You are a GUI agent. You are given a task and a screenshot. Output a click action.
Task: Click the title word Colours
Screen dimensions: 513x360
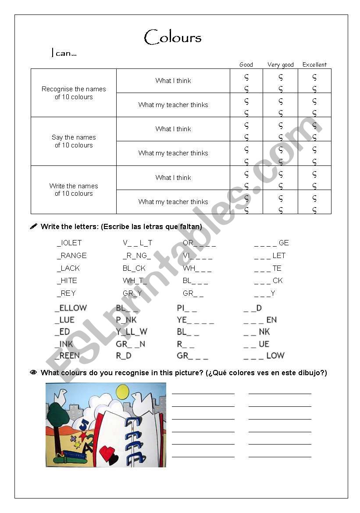pyautogui.click(x=173, y=37)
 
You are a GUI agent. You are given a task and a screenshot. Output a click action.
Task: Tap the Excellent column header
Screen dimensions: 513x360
pyautogui.click(x=314, y=65)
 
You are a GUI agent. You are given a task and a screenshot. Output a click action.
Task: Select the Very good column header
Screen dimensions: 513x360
pyautogui.click(x=281, y=65)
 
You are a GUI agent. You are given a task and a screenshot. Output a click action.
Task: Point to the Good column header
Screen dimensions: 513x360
pyautogui.click(x=246, y=65)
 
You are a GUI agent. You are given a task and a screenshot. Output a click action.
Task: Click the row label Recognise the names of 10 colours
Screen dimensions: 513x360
pyautogui.click(x=74, y=93)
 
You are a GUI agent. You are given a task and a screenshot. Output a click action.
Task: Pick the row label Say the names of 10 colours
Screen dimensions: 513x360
pyautogui.click(x=74, y=141)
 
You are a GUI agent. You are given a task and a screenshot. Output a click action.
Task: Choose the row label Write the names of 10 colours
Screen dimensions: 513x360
pyautogui.click(x=74, y=190)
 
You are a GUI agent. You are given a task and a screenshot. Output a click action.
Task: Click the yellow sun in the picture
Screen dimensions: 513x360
pyautogui.click(x=122, y=391)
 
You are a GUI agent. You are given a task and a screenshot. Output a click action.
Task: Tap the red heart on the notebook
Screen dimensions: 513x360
pyautogui.click(x=107, y=452)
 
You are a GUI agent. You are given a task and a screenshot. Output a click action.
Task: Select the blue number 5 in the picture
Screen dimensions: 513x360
pyautogui.click(x=84, y=423)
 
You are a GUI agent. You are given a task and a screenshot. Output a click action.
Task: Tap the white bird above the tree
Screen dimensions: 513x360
pyautogui.click(x=60, y=395)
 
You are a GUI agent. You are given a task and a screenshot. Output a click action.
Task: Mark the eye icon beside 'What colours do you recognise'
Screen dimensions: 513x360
pyautogui.click(x=33, y=373)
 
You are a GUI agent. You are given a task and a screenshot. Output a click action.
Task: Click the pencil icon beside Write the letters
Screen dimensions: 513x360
pyautogui.click(x=33, y=226)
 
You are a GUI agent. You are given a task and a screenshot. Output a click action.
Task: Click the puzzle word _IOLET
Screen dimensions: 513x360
pyautogui.click(x=69, y=243)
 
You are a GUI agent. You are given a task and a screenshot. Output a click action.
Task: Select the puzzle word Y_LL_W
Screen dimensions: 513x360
pyautogui.click(x=132, y=332)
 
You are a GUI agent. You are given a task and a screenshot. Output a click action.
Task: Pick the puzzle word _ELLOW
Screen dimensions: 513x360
pyautogui.click(x=71, y=308)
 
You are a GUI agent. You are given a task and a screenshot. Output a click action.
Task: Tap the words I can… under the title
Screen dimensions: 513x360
pyautogui.click(x=64, y=54)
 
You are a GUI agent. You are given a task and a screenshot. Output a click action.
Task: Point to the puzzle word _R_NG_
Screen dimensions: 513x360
pyautogui.click(x=137, y=255)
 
